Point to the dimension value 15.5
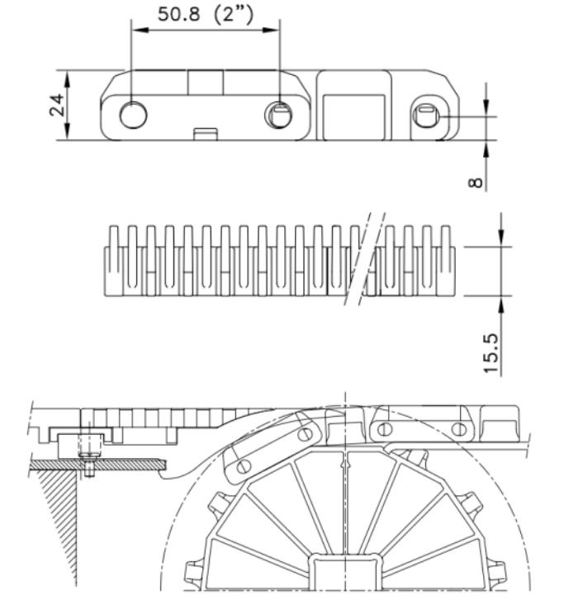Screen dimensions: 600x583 [491, 353]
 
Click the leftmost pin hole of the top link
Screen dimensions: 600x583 [132, 116]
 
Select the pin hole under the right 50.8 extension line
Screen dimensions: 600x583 [278, 116]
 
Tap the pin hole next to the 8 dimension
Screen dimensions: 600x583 [427, 116]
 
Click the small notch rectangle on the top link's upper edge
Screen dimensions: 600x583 [206, 83]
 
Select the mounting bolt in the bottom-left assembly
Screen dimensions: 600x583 [88, 457]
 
